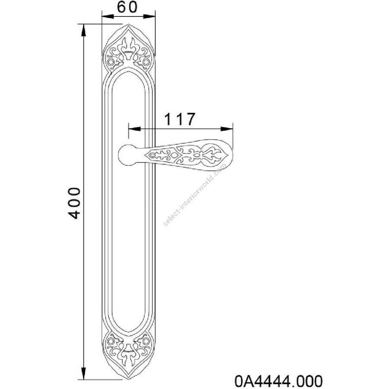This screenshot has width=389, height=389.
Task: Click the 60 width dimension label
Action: (x=127, y=7)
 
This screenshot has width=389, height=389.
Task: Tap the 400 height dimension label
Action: (x=74, y=203)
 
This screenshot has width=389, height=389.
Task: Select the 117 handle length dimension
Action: (x=180, y=119)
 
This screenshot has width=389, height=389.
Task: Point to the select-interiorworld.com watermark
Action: (x=195, y=194)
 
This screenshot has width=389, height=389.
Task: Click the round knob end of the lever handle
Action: (x=128, y=155)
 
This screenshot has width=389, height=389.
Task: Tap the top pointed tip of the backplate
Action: (x=128, y=24)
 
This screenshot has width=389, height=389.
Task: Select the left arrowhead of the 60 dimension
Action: (x=108, y=16)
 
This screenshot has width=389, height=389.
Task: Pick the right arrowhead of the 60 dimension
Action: (x=150, y=16)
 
